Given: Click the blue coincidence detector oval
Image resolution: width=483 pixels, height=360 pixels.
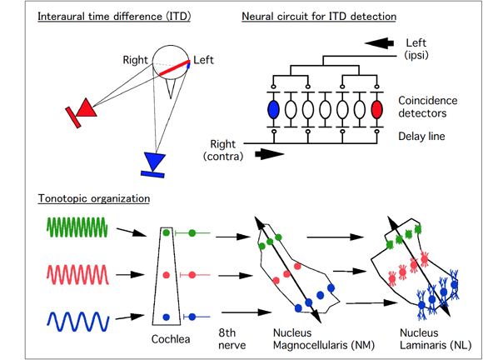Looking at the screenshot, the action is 273,109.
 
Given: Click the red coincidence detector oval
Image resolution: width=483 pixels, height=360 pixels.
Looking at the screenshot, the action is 376,109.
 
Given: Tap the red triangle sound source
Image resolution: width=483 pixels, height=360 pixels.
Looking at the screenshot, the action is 87,107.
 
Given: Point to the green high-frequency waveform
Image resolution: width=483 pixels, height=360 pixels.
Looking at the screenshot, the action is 77,227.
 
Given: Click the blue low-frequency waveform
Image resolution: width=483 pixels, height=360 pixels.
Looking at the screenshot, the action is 78,322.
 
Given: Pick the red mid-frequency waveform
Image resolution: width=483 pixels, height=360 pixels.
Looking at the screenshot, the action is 77,274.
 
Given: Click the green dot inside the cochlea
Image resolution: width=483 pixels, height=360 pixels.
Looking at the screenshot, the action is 166,232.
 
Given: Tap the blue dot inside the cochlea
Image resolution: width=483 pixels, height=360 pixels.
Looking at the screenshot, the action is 167,317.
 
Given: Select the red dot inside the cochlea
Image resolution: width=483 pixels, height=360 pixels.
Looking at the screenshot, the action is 167,275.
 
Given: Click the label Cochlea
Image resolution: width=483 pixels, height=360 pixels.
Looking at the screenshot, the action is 171,339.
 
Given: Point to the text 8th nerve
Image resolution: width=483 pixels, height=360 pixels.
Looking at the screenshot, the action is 232,339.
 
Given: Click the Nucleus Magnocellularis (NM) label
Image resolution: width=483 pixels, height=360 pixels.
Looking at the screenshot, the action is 324,339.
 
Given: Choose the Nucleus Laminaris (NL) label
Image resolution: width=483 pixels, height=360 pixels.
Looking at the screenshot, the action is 436,339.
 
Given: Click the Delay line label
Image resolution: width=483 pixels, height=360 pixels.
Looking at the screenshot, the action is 421,136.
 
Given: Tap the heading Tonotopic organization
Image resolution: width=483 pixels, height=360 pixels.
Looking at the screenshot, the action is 94,198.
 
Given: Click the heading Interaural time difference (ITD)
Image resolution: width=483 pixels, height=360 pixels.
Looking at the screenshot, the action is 114,17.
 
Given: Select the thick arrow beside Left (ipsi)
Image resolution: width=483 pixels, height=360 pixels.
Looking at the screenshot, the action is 379,43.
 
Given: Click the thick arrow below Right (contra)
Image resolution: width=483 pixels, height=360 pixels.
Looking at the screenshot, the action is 270,154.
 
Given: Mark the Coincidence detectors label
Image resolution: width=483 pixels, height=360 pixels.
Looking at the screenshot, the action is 427,107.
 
